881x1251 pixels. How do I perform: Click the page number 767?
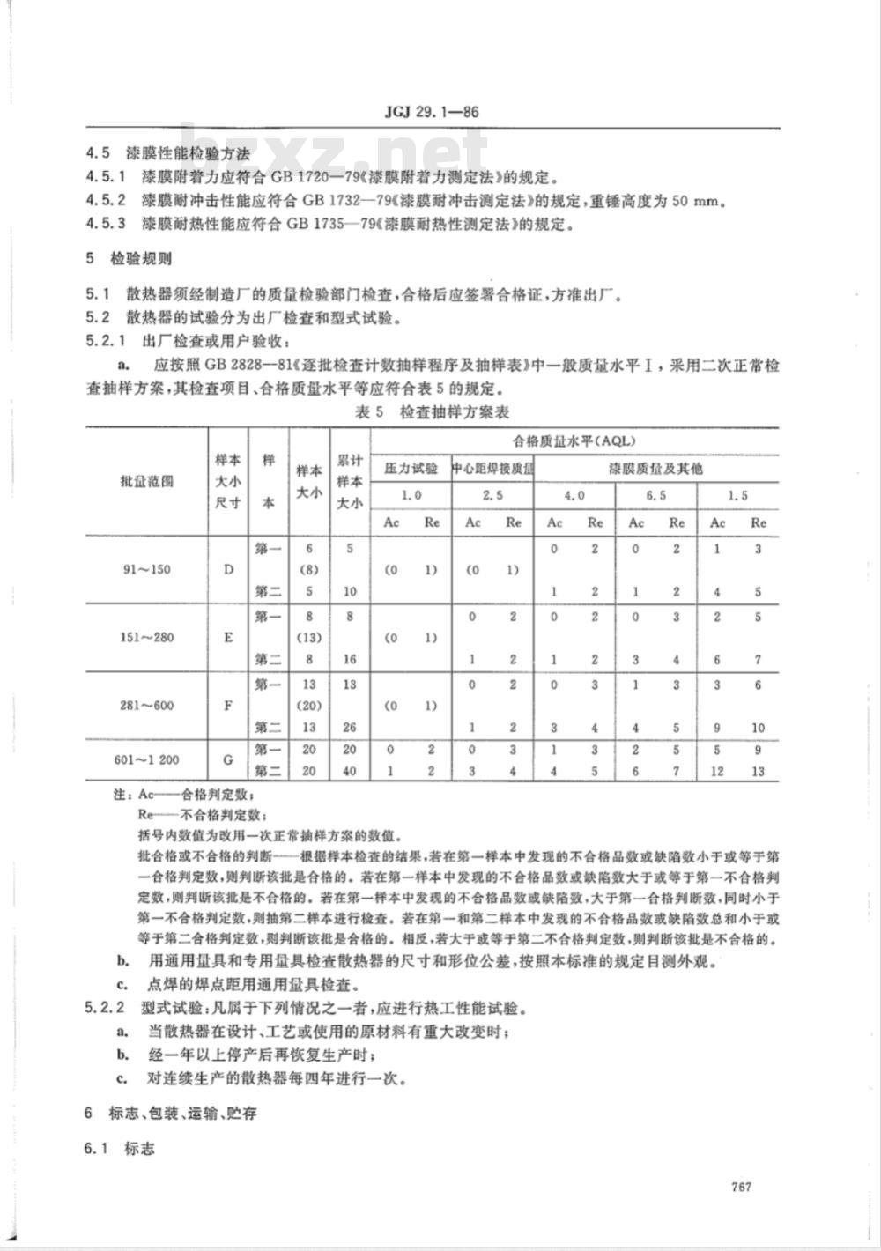point(740,1187)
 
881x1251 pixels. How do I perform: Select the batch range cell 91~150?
point(146,569)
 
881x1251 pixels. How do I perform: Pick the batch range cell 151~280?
point(146,637)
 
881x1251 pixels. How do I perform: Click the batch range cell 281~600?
point(146,706)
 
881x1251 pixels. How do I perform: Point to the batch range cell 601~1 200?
point(146,760)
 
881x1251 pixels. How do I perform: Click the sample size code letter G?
point(229,760)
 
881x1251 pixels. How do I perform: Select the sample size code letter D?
point(229,569)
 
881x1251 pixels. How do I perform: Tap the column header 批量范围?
point(146,481)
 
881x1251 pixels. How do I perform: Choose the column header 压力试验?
point(411,469)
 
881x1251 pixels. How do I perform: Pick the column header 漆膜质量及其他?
point(656,469)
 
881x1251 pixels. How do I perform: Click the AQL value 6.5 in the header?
point(656,495)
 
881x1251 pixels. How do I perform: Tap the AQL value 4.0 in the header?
point(574,495)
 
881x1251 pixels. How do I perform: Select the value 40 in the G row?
point(350,772)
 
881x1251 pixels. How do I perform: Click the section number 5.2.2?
point(107,1005)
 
